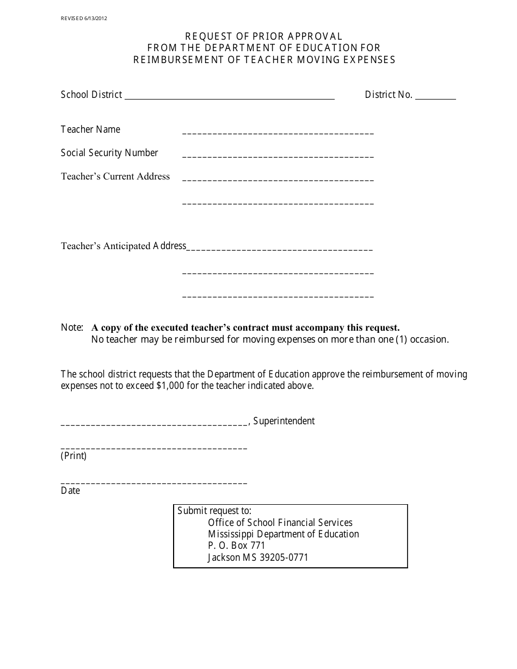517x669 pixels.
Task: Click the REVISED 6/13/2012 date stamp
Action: click(x=84, y=18)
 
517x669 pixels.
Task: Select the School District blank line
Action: click(x=229, y=96)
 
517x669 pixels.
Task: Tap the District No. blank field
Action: click(x=435, y=96)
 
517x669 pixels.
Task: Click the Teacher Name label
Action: click(x=90, y=129)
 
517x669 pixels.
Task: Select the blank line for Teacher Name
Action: click(x=278, y=132)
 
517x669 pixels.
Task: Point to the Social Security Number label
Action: click(x=109, y=153)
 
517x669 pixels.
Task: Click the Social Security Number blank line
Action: click(x=278, y=156)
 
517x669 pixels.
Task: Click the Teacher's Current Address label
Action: click(x=115, y=176)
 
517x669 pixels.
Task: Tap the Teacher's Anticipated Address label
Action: click(x=124, y=246)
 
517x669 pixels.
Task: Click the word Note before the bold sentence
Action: click(x=71, y=327)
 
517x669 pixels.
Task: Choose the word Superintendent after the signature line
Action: click(x=284, y=421)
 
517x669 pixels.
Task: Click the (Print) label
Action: click(x=73, y=456)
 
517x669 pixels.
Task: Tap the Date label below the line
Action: click(x=70, y=491)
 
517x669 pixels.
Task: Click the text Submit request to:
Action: click(x=214, y=511)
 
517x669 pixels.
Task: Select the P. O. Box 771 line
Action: click(x=236, y=546)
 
